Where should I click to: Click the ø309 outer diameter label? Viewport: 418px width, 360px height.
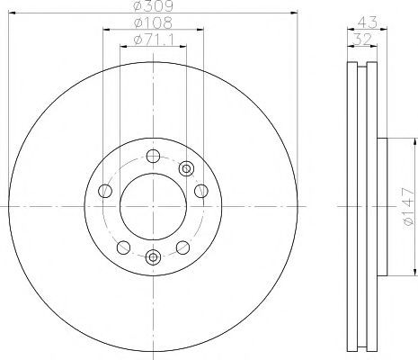(154, 5)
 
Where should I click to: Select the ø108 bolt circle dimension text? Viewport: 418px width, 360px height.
(154, 22)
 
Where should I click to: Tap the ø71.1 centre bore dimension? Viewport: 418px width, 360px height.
(154, 40)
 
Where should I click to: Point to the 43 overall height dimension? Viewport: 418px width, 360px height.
(368, 22)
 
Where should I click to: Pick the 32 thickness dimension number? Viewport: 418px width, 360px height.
(362, 40)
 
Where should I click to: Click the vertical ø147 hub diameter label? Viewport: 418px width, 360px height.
(409, 207)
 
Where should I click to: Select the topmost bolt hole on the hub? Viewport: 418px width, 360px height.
(153, 156)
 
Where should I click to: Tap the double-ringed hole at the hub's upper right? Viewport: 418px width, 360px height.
(186, 168)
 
